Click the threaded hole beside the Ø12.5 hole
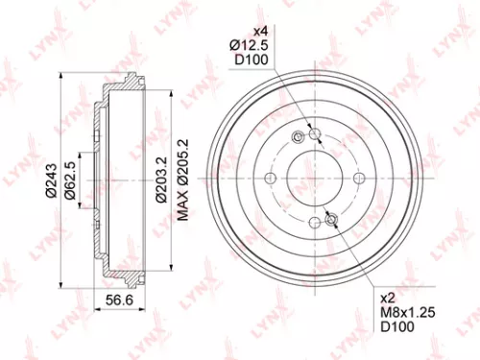299,137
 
